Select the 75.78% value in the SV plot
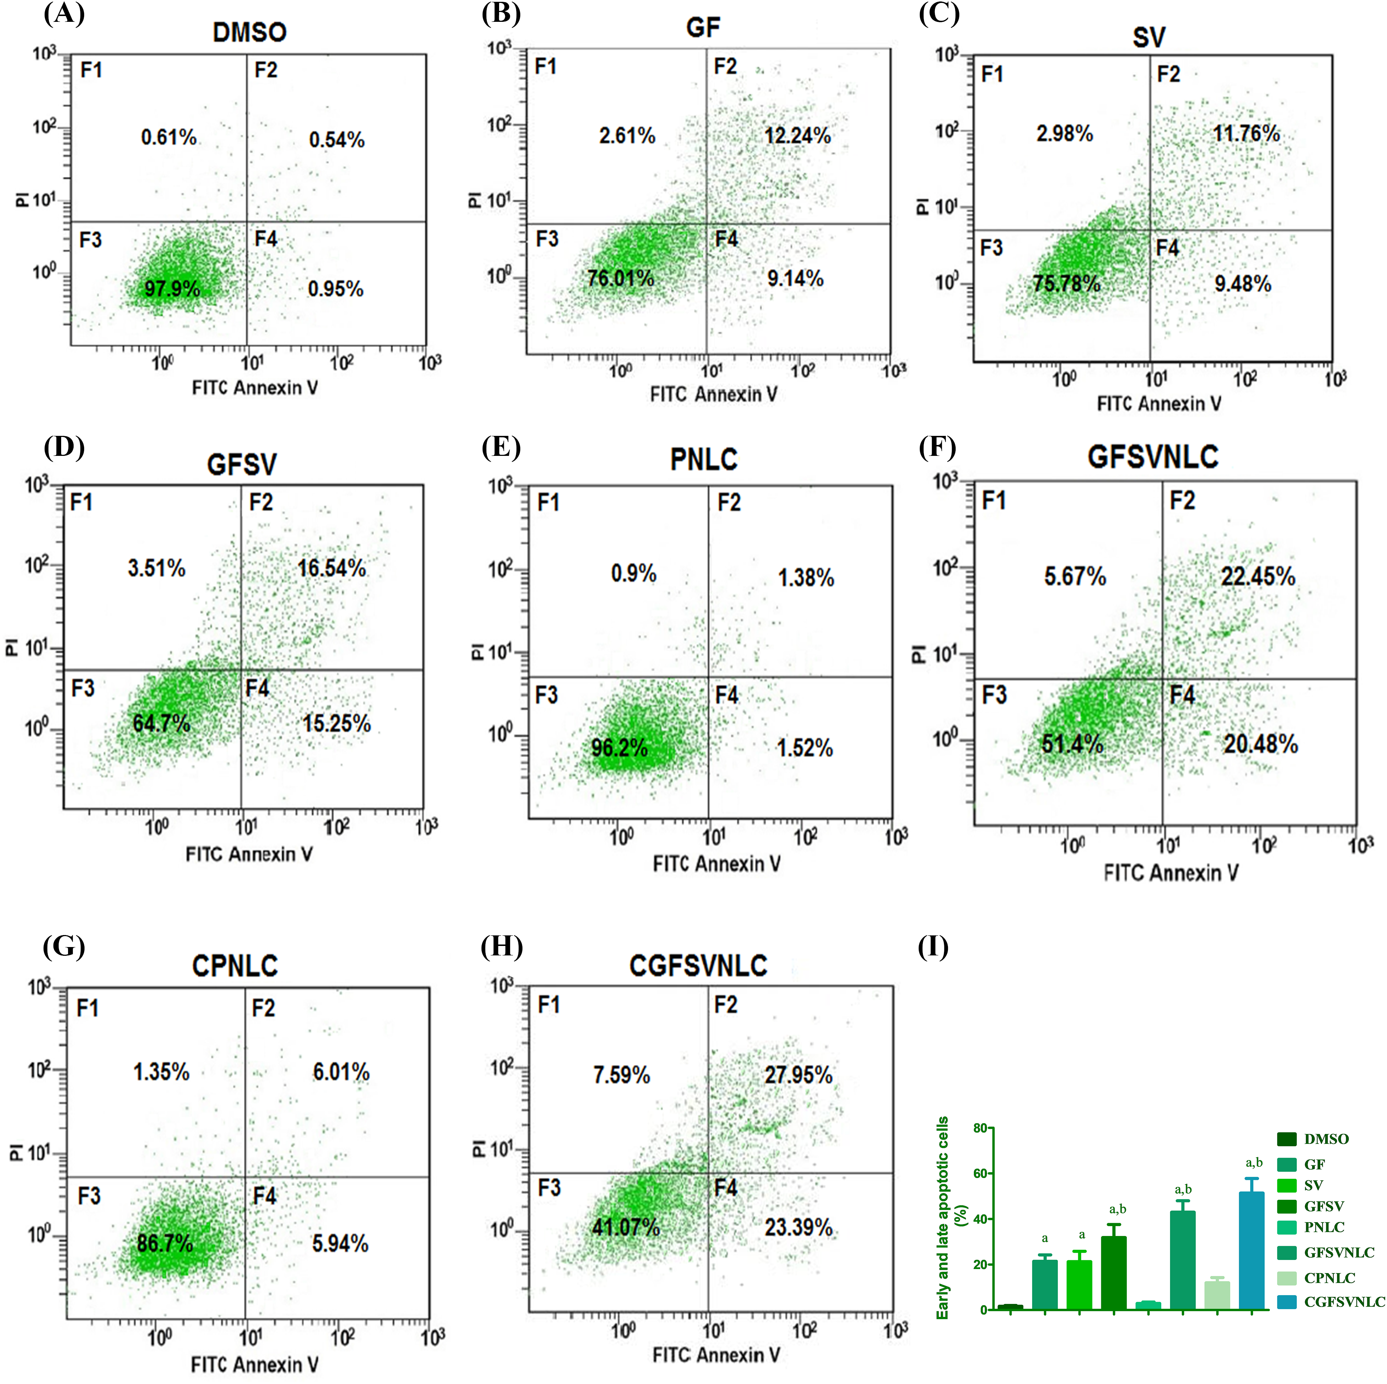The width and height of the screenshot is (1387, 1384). (1066, 283)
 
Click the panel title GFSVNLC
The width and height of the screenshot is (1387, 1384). (1152, 457)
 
